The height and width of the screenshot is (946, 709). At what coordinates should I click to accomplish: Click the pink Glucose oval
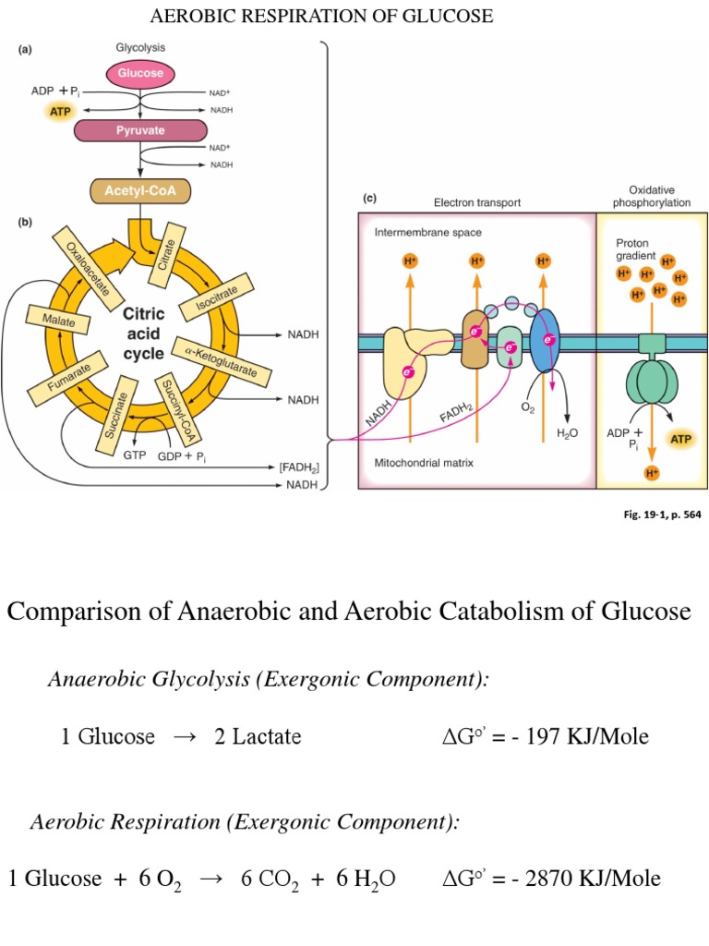(x=138, y=72)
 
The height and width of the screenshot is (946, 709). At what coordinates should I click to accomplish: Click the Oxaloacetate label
(x=87, y=267)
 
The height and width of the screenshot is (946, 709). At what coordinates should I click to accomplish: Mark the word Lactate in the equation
(x=266, y=736)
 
